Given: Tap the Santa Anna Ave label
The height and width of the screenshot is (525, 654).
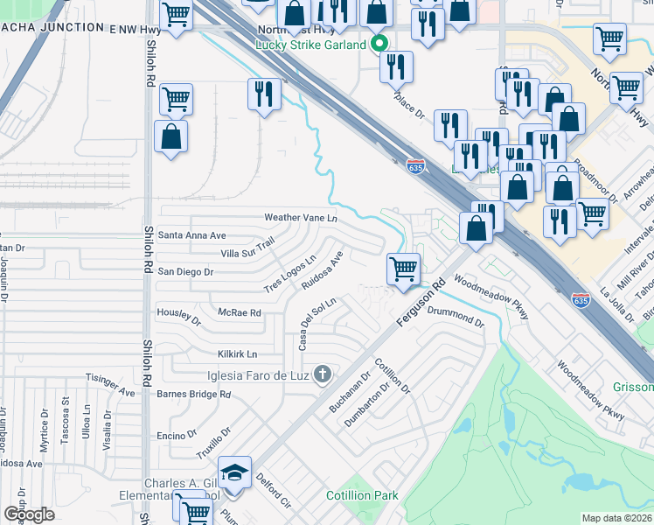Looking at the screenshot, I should click(191, 235).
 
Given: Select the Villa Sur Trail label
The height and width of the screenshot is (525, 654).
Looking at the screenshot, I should click(247, 253).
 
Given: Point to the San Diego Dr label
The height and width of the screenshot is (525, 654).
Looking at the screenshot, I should click(185, 272).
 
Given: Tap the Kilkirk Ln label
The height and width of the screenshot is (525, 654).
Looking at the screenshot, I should click(237, 354).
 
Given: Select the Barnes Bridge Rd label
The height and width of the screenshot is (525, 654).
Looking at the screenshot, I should click(193, 394).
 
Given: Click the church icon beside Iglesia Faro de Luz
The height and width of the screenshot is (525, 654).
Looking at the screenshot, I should click(322, 375).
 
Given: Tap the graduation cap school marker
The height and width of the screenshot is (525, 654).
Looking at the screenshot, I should click(233, 473).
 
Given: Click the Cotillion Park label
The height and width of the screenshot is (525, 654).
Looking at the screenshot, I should click(362, 496).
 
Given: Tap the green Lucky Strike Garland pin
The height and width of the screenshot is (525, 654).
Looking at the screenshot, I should click(379, 43).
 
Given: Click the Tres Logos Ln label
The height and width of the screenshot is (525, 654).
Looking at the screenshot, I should click(289, 275).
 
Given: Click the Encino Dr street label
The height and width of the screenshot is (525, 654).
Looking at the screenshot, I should click(175, 435).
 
